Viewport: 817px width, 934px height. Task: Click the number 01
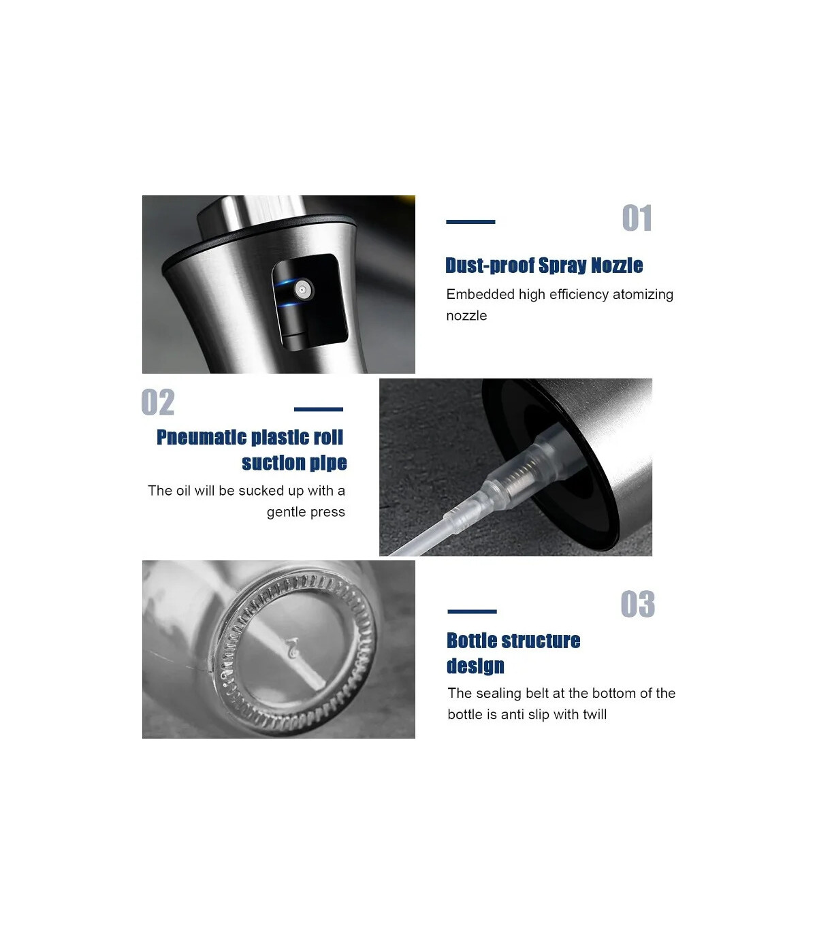[x=637, y=219]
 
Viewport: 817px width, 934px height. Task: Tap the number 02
[x=158, y=402]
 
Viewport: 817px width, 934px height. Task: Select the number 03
[x=638, y=604]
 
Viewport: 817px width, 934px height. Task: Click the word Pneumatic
[x=202, y=437]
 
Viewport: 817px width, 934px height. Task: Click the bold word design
[x=475, y=666]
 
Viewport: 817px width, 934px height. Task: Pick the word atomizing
[x=643, y=295]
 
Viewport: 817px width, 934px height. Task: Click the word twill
[x=594, y=714]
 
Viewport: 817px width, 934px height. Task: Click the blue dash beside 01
[x=470, y=222]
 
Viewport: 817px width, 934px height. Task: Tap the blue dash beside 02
[x=319, y=409]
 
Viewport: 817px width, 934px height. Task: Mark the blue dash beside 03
[x=472, y=612]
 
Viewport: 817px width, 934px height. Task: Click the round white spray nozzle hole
[x=302, y=289]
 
